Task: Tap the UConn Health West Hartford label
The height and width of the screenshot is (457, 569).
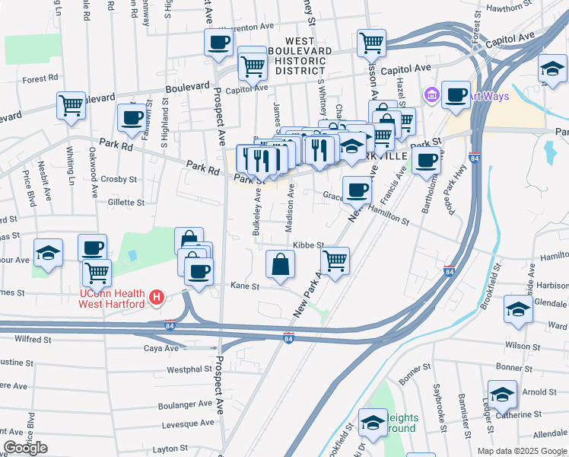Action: coord(113,298)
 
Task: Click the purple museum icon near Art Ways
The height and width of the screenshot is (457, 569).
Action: coord(431,95)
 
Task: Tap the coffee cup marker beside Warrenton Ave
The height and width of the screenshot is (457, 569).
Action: coord(218,43)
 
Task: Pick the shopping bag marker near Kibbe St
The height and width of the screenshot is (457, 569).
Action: coord(281,264)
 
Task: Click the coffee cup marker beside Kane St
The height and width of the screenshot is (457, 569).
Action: coord(199,271)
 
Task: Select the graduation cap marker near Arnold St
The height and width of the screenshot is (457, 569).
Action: coord(502,394)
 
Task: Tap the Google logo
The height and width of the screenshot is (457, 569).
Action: coord(25,448)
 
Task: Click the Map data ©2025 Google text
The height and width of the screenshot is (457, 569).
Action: coord(522,451)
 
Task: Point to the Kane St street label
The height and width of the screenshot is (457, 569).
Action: coord(245,286)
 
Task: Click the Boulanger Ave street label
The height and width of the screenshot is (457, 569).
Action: coord(184,404)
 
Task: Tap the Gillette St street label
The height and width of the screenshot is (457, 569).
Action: coord(126,203)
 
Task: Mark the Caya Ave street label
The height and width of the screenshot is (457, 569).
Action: coord(161,348)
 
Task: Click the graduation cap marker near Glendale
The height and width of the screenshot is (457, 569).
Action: coord(517,310)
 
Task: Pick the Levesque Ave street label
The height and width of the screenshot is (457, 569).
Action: coord(186,423)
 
